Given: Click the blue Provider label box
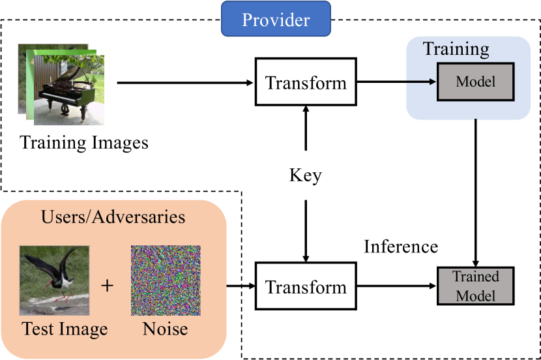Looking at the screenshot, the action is (x=276, y=19).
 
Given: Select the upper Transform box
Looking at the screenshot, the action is (x=306, y=82).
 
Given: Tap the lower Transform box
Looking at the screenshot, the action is (x=306, y=286).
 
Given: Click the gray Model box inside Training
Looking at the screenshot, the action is (x=475, y=82).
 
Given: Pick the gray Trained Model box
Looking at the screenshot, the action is (x=475, y=286).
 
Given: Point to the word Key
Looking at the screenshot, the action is (x=305, y=175).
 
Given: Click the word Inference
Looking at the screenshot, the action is (x=401, y=247).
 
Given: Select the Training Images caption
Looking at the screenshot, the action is (x=84, y=143).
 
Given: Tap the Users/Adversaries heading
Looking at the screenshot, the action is (x=113, y=217).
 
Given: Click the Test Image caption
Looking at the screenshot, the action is (x=65, y=329).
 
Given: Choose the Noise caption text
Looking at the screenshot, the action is (x=166, y=329).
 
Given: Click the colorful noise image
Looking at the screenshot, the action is (x=166, y=280).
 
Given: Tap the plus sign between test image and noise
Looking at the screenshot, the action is (x=107, y=286).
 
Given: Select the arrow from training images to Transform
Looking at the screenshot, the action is (x=185, y=83).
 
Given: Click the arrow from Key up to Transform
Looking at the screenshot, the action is (x=306, y=128).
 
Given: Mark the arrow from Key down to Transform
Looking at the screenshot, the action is (x=306, y=231).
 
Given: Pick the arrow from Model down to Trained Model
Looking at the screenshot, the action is (x=475, y=193).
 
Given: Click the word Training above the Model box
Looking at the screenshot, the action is (x=456, y=49).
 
